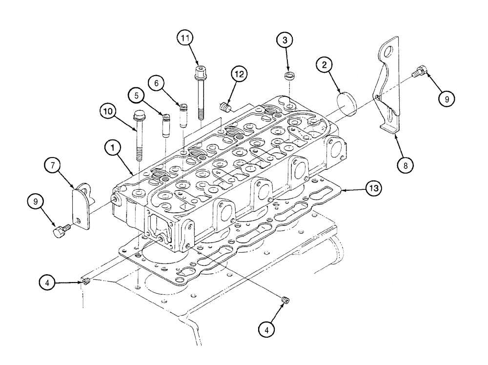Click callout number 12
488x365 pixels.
point(239,75)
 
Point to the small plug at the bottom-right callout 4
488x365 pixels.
point(286,300)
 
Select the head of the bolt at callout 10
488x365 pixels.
point(137,117)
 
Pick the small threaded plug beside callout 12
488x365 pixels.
point(224,106)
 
